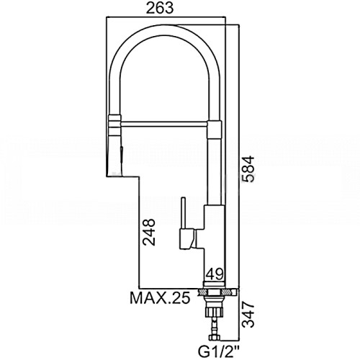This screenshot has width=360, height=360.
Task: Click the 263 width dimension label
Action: pyautogui.click(x=160, y=9)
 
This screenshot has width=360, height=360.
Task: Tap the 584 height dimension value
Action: pyautogui.click(x=248, y=169)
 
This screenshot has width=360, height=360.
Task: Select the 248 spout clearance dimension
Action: pyautogui.click(x=149, y=232)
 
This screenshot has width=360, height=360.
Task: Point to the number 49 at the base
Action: pyautogui.click(x=215, y=274)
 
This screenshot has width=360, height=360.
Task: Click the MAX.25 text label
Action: pyautogui.click(x=160, y=298)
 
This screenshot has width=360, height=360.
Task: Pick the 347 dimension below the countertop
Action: pyautogui.click(x=248, y=315)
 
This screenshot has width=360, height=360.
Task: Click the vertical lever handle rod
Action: pyautogui.click(x=184, y=212)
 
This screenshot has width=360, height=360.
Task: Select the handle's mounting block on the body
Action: pyautogui.click(x=187, y=239)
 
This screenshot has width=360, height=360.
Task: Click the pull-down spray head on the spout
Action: pyautogui.click(x=114, y=156)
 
